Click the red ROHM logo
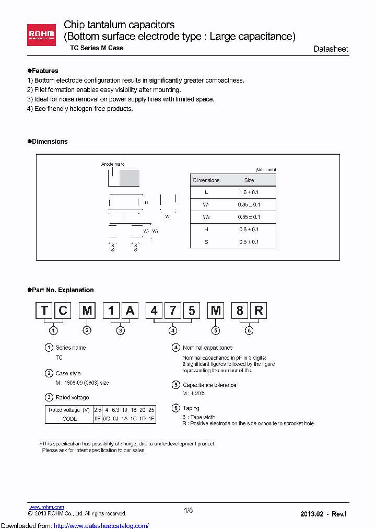(x=42, y=34)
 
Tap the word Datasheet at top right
(x=331, y=49)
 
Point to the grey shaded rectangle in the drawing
(x=130, y=178)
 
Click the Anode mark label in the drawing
(x=112, y=164)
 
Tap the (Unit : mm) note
(x=265, y=169)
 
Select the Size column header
(x=249, y=180)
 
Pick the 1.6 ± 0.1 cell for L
(x=249, y=192)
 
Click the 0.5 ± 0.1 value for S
(x=249, y=241)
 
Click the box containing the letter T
(x=45, y=310)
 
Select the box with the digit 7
(x=173, y=310)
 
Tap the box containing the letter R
(x=258, y=310)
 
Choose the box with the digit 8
(x=240, y=310)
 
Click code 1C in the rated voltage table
(x=134, y=419)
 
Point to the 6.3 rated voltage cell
(x=115, y=410)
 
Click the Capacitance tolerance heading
(x=209, y=385)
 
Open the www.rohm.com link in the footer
(x=46, y=507)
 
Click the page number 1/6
(x=189, y=511)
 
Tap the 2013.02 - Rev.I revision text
(x=323, y=514)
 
